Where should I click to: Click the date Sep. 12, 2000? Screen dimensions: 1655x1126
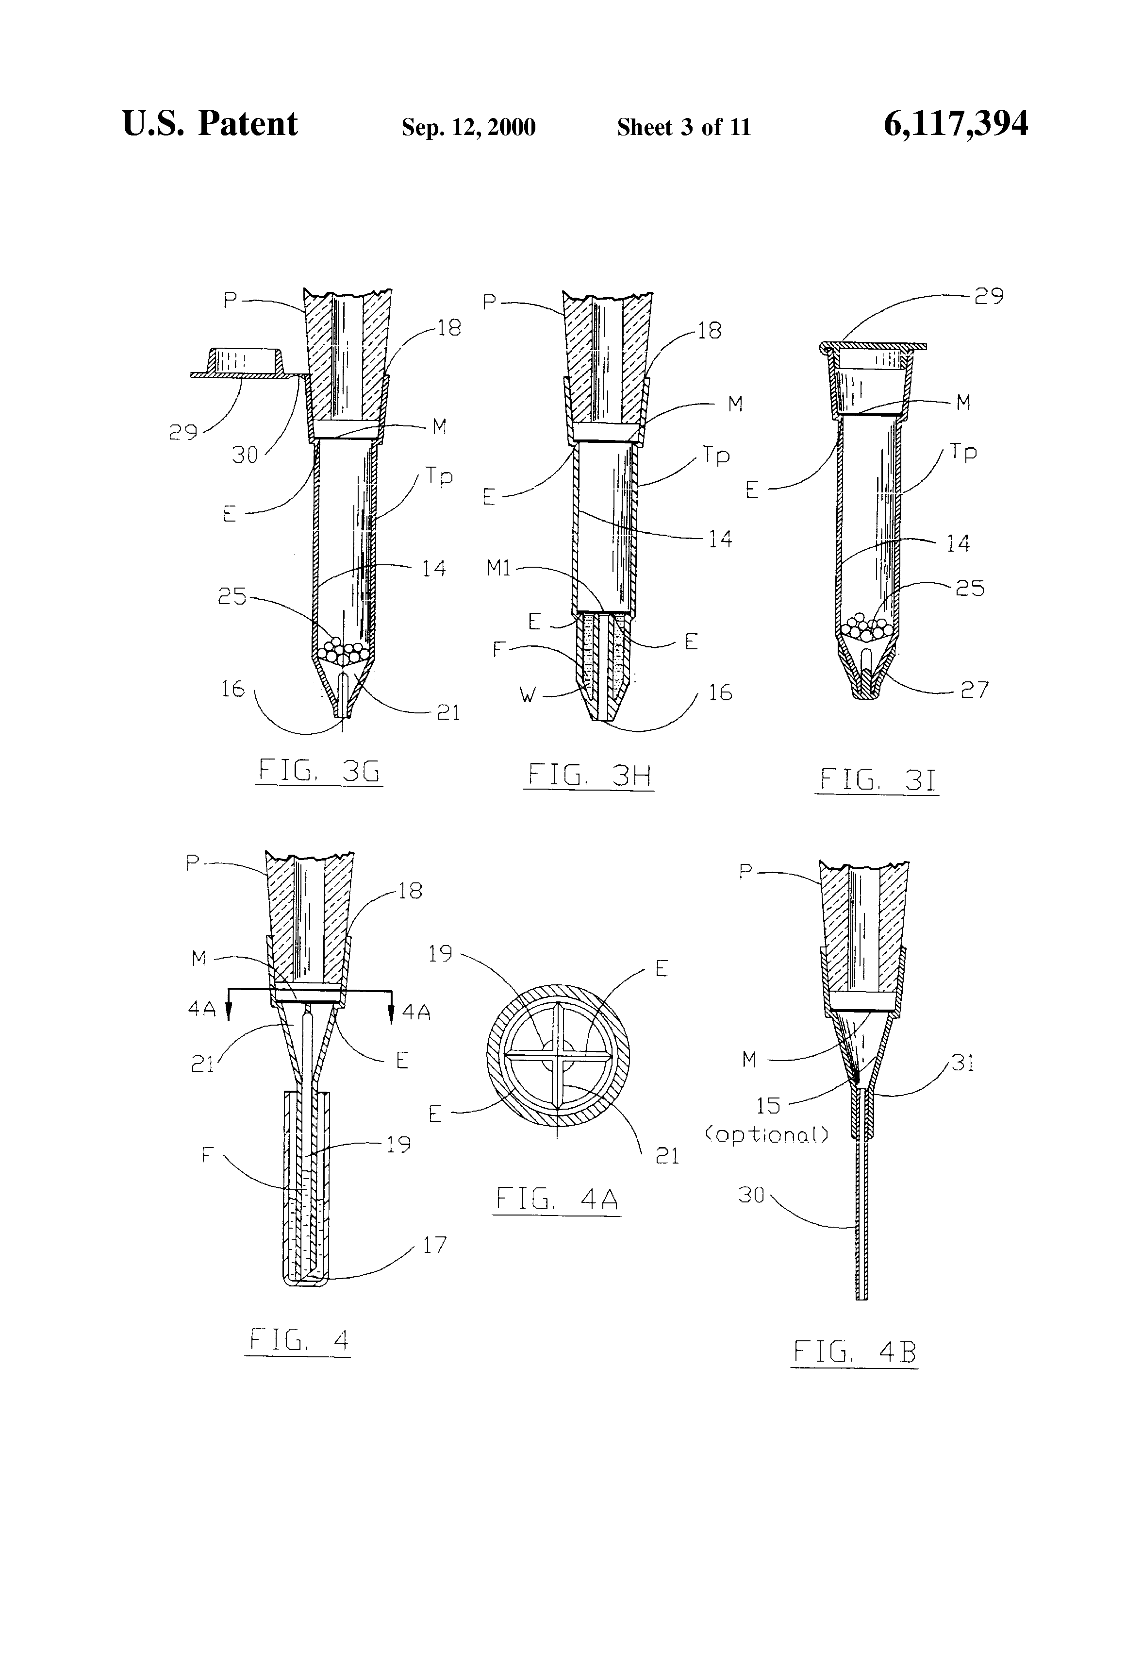[468, 127]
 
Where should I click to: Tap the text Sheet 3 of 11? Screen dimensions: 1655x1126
[683, 127]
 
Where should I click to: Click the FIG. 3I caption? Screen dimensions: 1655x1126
[877, 780]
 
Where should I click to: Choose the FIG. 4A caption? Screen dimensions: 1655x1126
[557, 1199]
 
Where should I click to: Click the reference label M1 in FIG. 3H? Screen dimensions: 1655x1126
[499, 568]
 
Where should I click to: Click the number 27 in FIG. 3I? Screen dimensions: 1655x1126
[975, 690]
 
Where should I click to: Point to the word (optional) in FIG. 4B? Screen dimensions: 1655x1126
[766, 1134]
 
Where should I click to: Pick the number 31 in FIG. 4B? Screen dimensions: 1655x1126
[962, 1063]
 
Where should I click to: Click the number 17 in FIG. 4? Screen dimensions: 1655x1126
[434, 1245]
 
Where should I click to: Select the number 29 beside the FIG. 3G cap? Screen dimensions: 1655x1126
[183, 432]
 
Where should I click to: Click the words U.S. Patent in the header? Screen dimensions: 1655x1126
[210, 124]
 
